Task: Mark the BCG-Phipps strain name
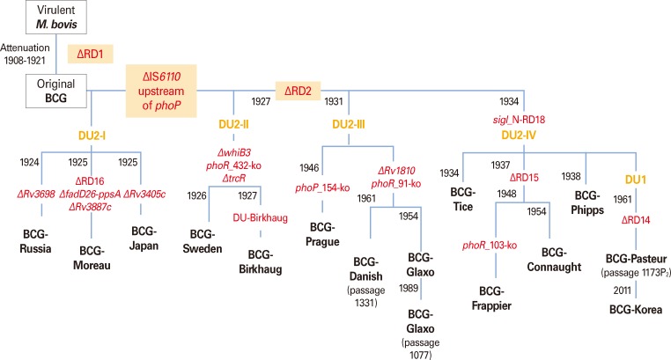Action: pyautogui.click(x=585, y=198)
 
